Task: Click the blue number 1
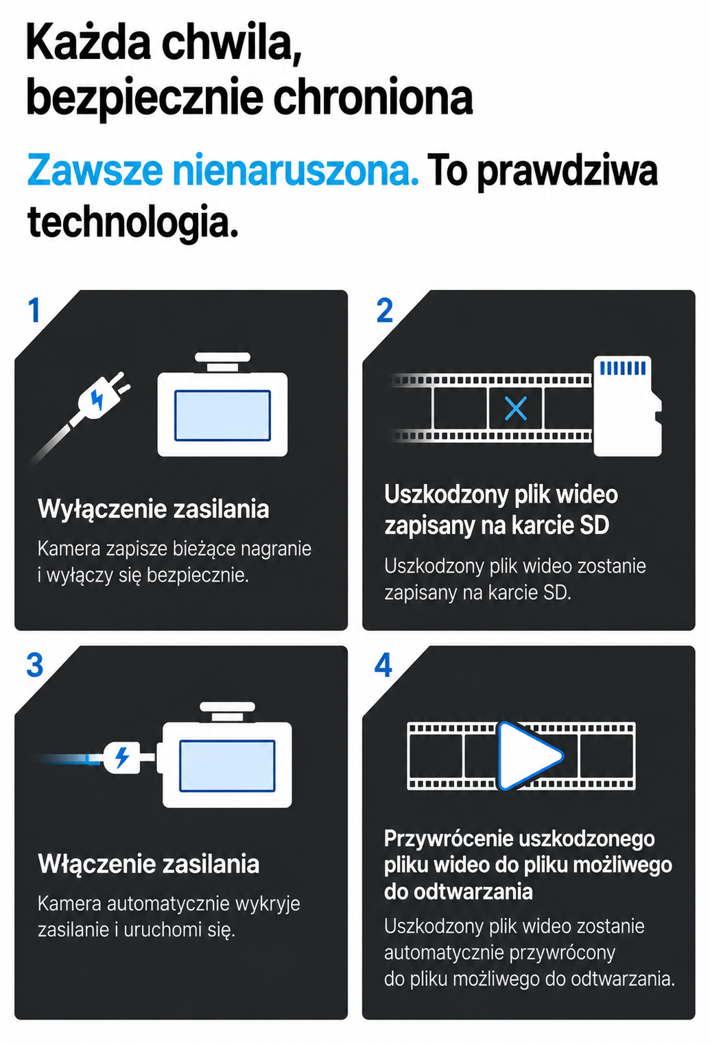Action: [34, 310]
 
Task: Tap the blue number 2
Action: [385, 310]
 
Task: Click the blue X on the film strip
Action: [515, 409]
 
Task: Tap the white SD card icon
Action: [627, 406]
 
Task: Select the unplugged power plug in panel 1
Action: [103, 396]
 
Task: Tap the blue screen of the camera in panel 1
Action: [222, 415]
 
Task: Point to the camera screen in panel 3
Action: [228, 766]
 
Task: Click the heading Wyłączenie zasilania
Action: [154, 509]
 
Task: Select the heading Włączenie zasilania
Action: [148, 864]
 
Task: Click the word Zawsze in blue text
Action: [95, 170]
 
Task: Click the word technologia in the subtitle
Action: [132, 222]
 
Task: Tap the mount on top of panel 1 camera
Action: [222, 362]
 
